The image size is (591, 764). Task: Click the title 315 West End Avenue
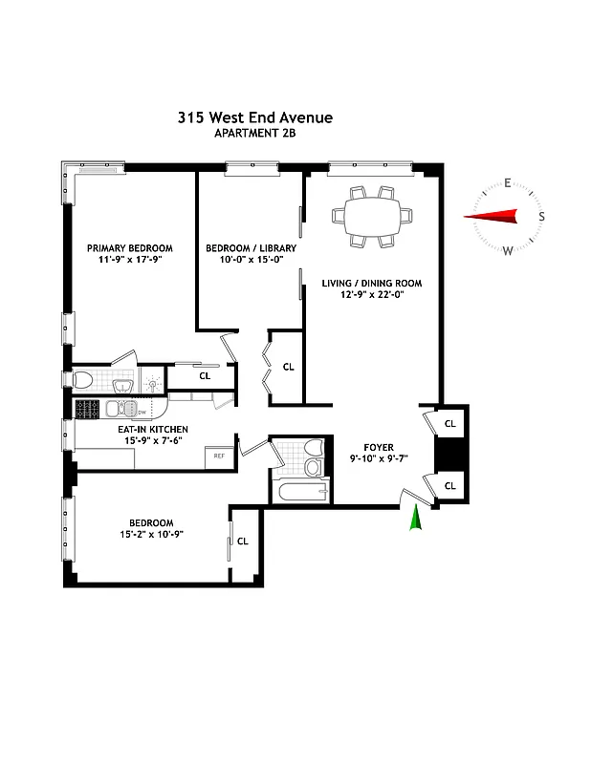[x=254, y=117]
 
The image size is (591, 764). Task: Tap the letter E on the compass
[x=508, y=183]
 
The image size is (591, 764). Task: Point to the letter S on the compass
[x=541, y=217]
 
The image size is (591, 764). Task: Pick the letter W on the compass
[x=507, y=251]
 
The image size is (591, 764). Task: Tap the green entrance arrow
[x=415, y=519]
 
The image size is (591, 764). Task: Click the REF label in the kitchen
[x=219, y=456]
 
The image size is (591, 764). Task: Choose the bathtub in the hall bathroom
[x=300, y=494]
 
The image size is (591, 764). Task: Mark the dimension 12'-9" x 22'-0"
[x=372, y=296]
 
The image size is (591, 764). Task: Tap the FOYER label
[x=378, y=446]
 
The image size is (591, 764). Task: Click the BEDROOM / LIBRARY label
[x=251, y=248]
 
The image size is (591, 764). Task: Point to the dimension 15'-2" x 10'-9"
[x=151, y=535]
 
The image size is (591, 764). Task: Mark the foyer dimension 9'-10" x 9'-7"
[x=378, y=458]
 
